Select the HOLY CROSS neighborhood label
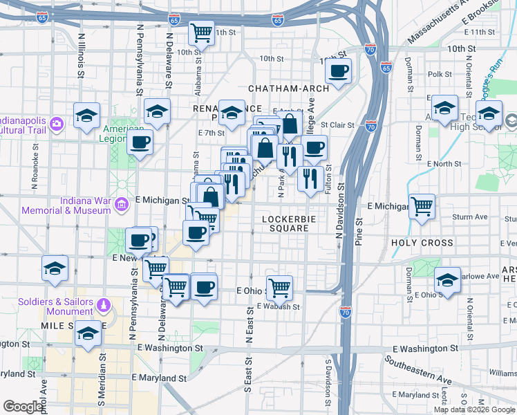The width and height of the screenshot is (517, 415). point(422,243)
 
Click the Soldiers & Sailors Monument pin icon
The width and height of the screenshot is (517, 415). point(104,304)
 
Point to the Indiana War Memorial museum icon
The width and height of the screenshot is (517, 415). point(122,204)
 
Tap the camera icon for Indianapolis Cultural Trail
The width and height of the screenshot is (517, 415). point(56,124)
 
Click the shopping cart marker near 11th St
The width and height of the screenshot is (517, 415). point(201,32)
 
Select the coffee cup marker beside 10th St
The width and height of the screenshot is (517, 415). point(339,71)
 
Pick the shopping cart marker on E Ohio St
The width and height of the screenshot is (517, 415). point(279,286)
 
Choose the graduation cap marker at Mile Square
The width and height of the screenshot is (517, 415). point(88,335)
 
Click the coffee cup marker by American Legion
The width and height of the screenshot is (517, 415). point(140,143)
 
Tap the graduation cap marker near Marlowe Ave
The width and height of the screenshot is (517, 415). point(447,280)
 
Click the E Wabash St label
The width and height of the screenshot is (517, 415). point(279,306)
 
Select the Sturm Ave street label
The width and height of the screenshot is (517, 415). point(471,217)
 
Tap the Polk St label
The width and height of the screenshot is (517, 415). point(440,74)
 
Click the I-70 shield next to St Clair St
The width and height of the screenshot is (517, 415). point(371,126)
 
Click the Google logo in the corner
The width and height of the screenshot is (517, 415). point(24,406)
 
